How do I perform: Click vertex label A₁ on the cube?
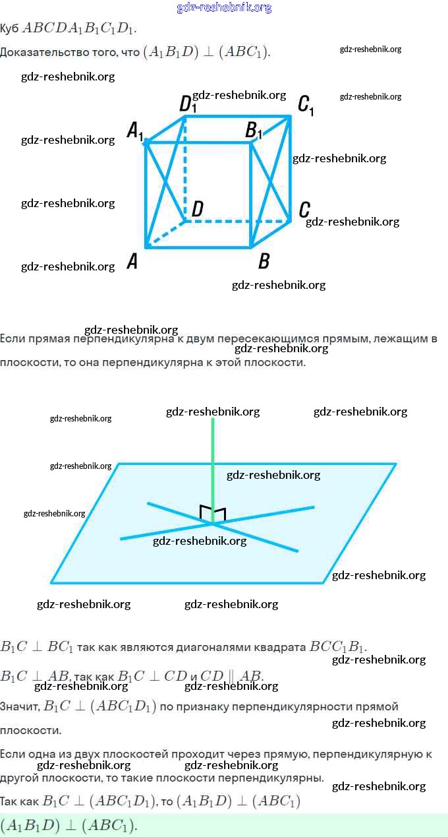pos(135,130)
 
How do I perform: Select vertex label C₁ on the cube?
pos(306,105)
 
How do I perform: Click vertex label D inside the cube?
pos(197,210)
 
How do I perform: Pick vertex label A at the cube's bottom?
pos(132,262)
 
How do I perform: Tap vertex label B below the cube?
pos(264,262)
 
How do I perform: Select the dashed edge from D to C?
pos(237,222)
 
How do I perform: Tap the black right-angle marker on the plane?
pos(213,512)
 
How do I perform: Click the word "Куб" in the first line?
pos(9,28)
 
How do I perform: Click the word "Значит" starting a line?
pos(19,706)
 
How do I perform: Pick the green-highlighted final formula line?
pos(69,825)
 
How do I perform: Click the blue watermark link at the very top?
pos(224,8)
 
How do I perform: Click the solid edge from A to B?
pos(198,247)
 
